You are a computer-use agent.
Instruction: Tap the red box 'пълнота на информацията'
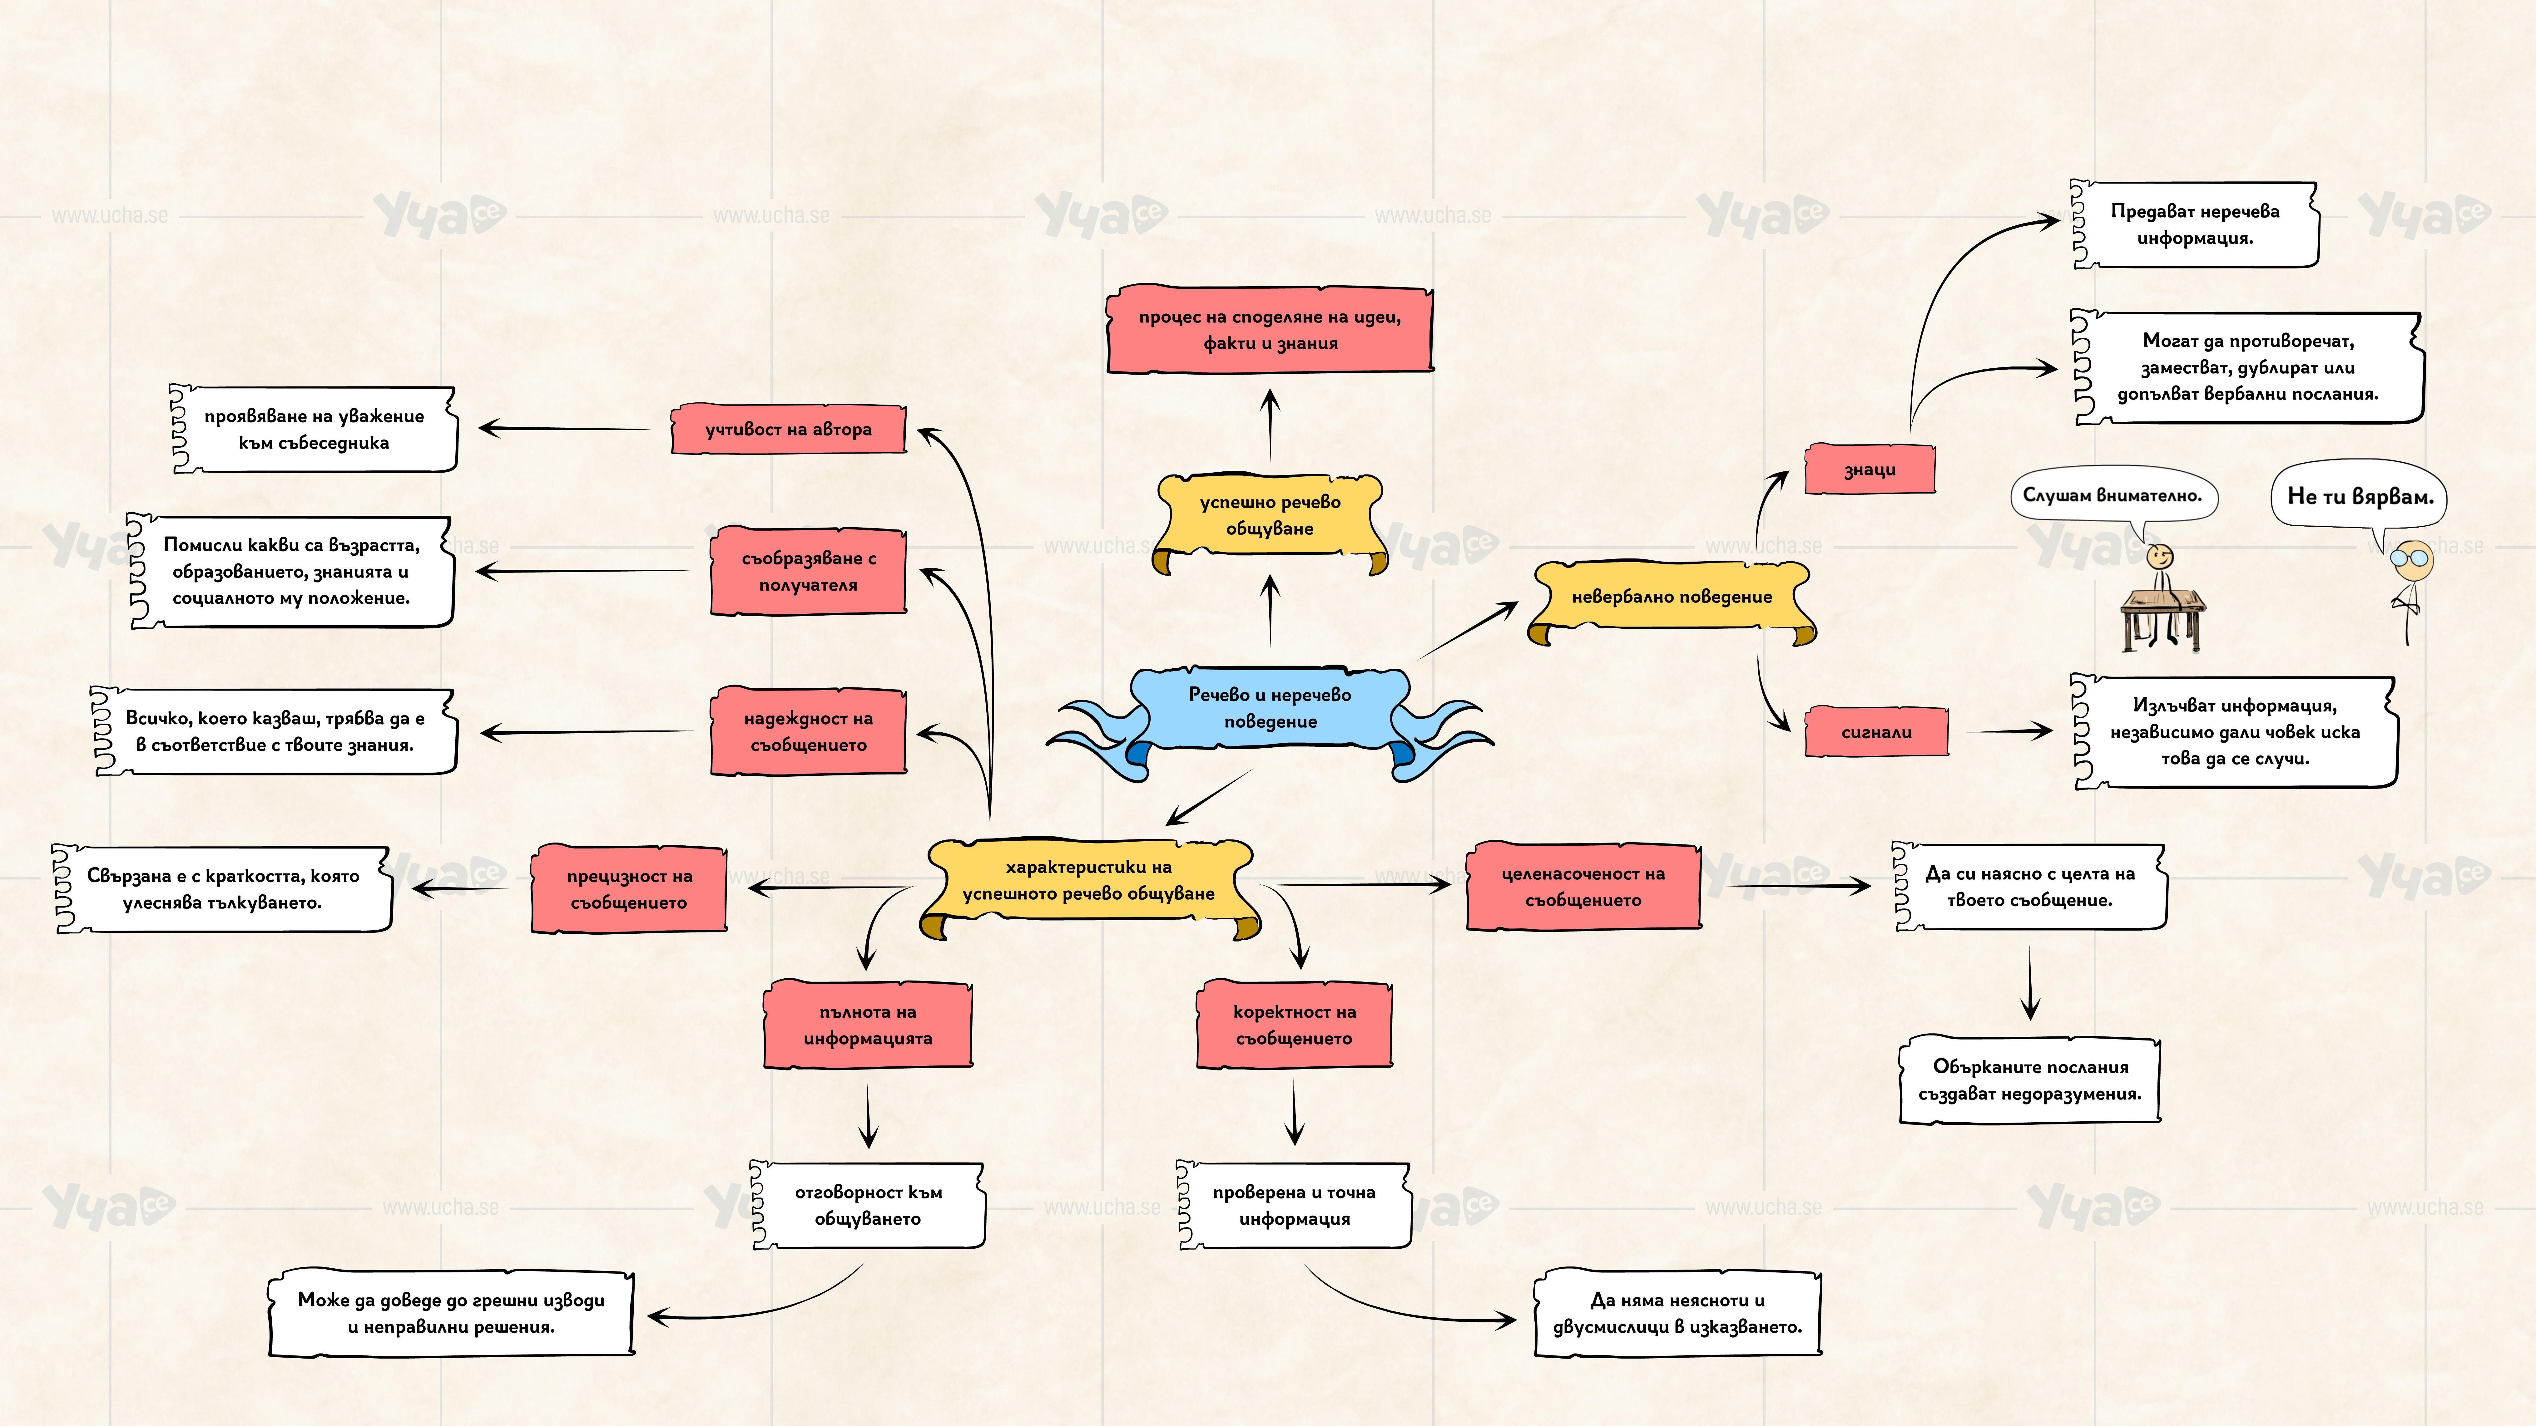pos(867,1025)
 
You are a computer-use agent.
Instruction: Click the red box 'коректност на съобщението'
pos(1294,1025)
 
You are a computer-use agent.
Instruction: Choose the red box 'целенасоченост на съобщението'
pos(1583,887)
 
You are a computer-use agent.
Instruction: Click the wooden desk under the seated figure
pos(2162,615)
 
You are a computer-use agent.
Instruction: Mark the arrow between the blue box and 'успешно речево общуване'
pos(1270,610)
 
